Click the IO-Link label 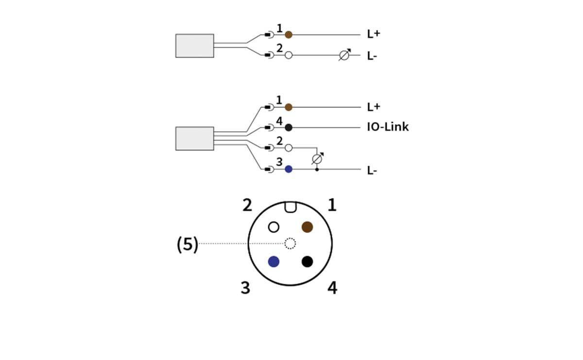coord(388,127)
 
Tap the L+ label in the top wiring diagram coord(373,34)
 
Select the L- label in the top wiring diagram coord(372,56)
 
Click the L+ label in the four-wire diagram coord(373,107)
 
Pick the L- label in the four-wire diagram coord(372,170)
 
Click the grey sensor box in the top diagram coord(194,46)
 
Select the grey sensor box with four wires coord(194,138)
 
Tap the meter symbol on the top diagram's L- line coord(344,55)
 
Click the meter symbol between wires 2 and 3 coord(317,158)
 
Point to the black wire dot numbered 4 coord(289,127)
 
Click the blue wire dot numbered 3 coord(289,169)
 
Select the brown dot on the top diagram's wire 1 coord(289,34)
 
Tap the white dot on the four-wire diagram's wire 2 coord(289,148)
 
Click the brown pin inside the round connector coord(307,226)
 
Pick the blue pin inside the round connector coord(274,261)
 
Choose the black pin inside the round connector coord(307,261)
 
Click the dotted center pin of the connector coord(290,243)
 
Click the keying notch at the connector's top coord(290,207)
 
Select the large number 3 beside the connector coord(246,288)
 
